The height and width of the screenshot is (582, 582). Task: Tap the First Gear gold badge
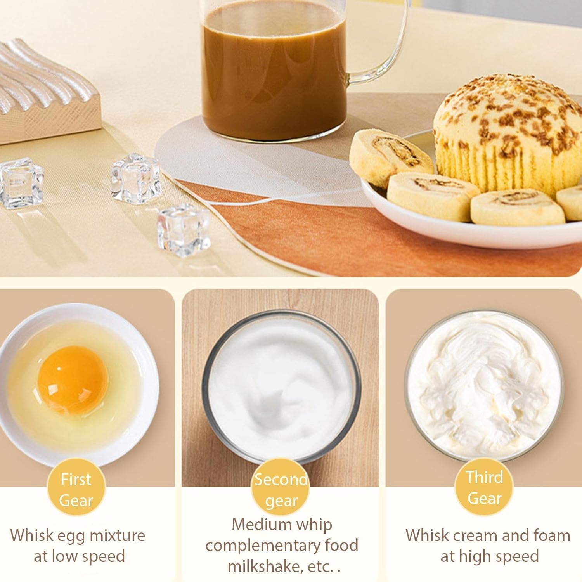click(x=76, y=490)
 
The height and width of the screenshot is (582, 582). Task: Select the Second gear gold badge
click(x=281, y=490)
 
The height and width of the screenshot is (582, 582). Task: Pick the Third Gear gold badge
click(x=484, y=487)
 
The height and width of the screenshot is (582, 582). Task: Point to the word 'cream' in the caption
click(x=477, y=536)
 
